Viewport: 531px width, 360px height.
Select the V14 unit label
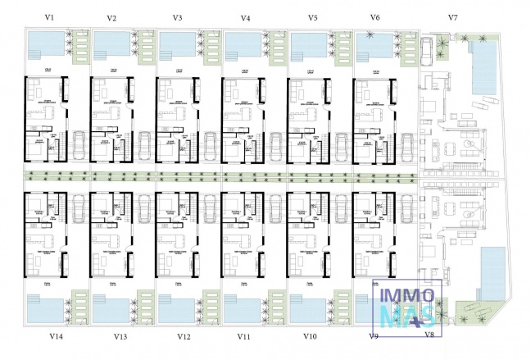[57, 336]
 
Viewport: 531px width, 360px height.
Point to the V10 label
[310, 336]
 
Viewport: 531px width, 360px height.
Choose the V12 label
[184, 336]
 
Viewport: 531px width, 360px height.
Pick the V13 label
[120, 336]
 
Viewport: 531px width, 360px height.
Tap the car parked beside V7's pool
[429, 52]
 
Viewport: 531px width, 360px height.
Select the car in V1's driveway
[79, 146]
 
